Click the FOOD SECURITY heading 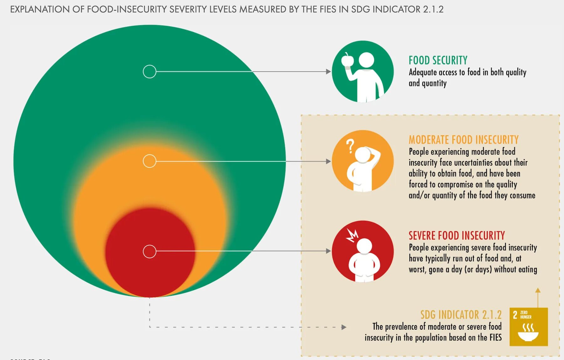[438, 60]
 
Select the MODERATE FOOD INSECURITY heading [463, 140]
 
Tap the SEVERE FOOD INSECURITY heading [457, 236]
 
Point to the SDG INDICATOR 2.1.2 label [461, 315]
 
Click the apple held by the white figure [347, 60]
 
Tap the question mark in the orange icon [350, 146]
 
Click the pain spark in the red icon [352, 235]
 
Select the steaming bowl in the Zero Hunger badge [528, 333]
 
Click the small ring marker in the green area [149, 72]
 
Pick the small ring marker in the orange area [149, 161]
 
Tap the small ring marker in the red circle [149, 251]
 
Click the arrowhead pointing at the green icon [328, 72]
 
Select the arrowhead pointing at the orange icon [328, 161]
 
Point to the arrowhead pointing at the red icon [328, 251]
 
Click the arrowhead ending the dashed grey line [344, 327]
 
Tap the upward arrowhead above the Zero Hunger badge [538, 290]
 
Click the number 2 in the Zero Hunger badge [515, 315]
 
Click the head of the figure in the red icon [364, 246]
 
